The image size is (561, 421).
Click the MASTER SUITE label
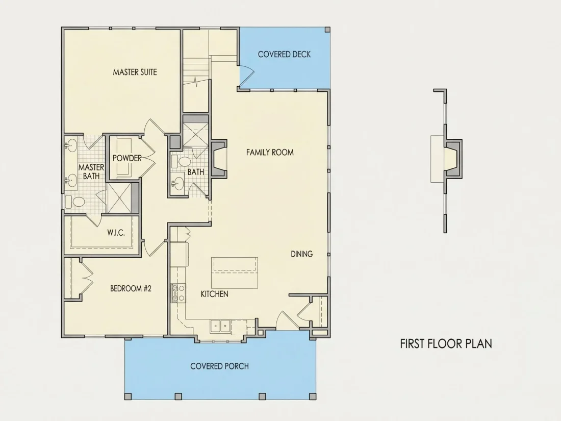click(x=135, y=72)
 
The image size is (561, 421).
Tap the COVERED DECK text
click(x=284, y=55)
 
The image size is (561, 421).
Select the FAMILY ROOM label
click(x=270, y=152)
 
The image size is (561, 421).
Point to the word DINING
click(x=301, y=254)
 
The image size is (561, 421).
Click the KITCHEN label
click(x=214, y=294)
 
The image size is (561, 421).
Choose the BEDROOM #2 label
click(x=131, y=288)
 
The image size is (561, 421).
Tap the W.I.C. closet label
click(x=116, y=233)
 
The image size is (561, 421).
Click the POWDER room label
click(x=127, y=158)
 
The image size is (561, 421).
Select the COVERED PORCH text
click(x=219, y=366)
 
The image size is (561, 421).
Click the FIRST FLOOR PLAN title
click(x=446, y=343)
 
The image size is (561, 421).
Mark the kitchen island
click(x=235, y=273)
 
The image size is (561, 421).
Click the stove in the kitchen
click(x=178, y=293)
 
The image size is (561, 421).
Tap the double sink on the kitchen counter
click(x=220, y=326)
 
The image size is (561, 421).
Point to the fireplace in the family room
click(x=218, y=158)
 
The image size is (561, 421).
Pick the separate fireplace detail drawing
click(x=446, y=160)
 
